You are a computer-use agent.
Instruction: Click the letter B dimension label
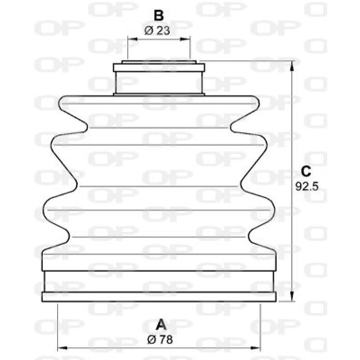158,16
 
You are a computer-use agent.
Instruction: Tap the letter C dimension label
306,171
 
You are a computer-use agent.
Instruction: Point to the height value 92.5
307,185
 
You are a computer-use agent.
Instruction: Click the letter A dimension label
160,324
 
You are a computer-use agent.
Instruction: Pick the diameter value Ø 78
160,340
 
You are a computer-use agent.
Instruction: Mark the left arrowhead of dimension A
61,348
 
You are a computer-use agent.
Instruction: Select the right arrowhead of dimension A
257,348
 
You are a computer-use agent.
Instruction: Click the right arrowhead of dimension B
188,40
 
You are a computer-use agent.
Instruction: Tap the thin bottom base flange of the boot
159,297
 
